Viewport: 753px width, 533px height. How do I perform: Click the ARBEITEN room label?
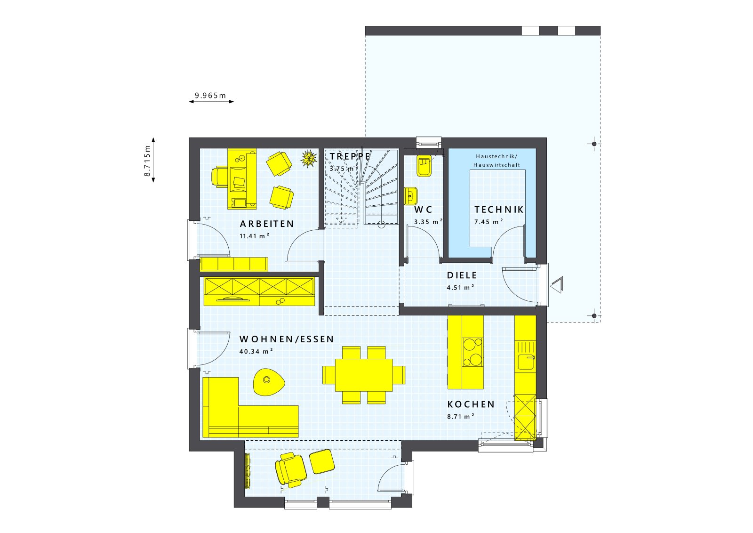click(267, 224)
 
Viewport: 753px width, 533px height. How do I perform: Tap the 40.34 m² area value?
click(256, 351)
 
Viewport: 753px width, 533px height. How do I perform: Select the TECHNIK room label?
click(499, 210)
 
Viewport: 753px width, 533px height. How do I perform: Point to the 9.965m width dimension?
click(210, 96)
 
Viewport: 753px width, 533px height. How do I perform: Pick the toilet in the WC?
click(424, 166)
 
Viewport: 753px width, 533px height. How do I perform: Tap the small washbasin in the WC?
click(411, 195)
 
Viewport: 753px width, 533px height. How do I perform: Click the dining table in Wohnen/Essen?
click(364, 375)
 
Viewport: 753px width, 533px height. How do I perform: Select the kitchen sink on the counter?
click(525, 362)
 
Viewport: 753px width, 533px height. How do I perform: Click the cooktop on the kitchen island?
click(473, 352)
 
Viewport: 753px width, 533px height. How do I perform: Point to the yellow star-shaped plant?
click(309, 159)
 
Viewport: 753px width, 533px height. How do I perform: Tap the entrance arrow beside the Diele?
click(557, 285)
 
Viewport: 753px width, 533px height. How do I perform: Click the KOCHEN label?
click(471, 404)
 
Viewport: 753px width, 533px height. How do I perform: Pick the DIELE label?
click(462, 275)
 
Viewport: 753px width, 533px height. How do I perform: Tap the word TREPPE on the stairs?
click(350, 156)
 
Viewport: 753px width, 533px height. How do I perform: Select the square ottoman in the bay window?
click(322, 461)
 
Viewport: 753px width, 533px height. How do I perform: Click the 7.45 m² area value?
click(489, 222)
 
